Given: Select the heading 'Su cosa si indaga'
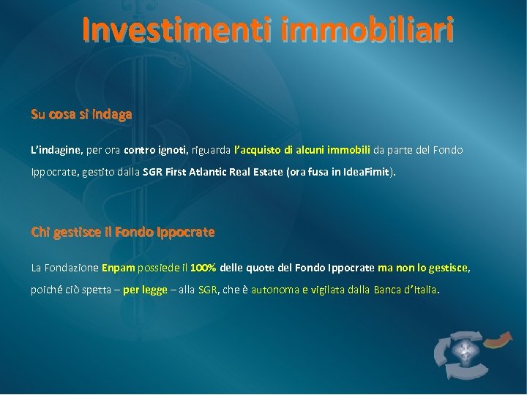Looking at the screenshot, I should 81,114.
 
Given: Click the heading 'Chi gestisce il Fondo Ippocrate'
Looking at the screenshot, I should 123,232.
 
